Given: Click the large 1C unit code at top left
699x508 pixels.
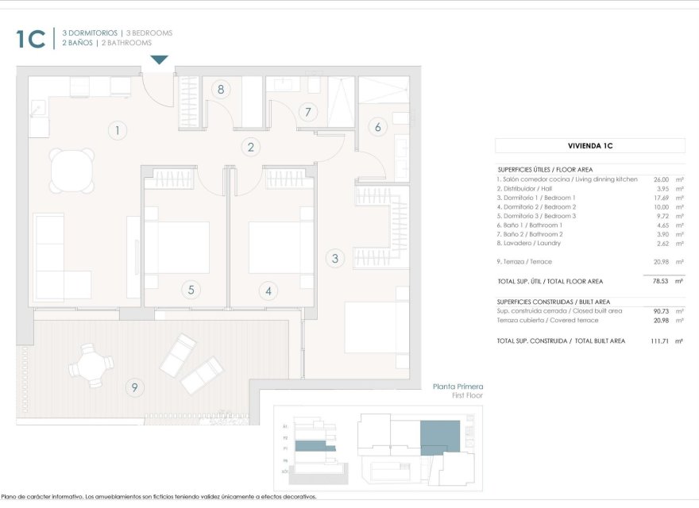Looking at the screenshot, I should (x=31, y=39).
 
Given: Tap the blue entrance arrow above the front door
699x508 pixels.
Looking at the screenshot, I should (x=160, y=60).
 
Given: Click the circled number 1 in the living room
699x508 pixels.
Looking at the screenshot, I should (x=117, y=131).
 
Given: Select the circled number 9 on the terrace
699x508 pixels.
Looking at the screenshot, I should (x=134, y=387).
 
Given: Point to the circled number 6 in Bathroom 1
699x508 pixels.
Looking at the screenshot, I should (x=378, y=126).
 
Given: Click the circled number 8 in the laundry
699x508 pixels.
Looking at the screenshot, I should (x=221, y=89).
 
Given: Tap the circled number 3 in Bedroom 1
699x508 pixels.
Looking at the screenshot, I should (x=335, y=258).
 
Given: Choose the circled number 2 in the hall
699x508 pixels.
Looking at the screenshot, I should (x=251, y=147).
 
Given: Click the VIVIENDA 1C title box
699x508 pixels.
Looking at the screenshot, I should (x=589, y=146).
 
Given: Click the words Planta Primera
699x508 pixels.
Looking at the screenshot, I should (x=458, y=387).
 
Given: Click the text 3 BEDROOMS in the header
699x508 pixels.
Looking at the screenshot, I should (x=149, y=33).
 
